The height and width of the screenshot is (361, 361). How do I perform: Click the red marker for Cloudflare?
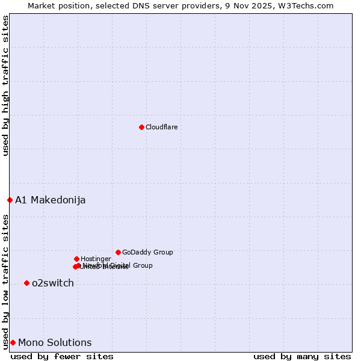point(141,127)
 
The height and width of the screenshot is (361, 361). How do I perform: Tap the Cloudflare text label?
point(161,127)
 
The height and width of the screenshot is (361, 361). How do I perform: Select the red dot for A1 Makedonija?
point(10,200)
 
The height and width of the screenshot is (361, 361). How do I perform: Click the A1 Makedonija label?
point(50,200)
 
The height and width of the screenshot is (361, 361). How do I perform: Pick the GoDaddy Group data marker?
point(118,252)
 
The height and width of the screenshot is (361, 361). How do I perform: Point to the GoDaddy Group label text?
point(147,252)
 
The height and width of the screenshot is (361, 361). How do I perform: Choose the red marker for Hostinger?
point(76,259)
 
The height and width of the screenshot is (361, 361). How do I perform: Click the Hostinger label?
point(96,259)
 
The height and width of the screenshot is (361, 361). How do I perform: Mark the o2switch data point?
point(26,283)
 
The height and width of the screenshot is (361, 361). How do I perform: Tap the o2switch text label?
point(52,283)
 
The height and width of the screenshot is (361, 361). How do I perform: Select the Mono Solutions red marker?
point(13,342)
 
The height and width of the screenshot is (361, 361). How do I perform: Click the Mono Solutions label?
point(55,342)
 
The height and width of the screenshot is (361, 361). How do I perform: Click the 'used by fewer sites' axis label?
point(62,356)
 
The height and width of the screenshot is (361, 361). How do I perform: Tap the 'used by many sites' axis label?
point(302,356)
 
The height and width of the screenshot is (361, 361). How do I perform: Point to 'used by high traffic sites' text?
point(5,85)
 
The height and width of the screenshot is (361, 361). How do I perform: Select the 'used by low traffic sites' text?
point(5,282)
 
